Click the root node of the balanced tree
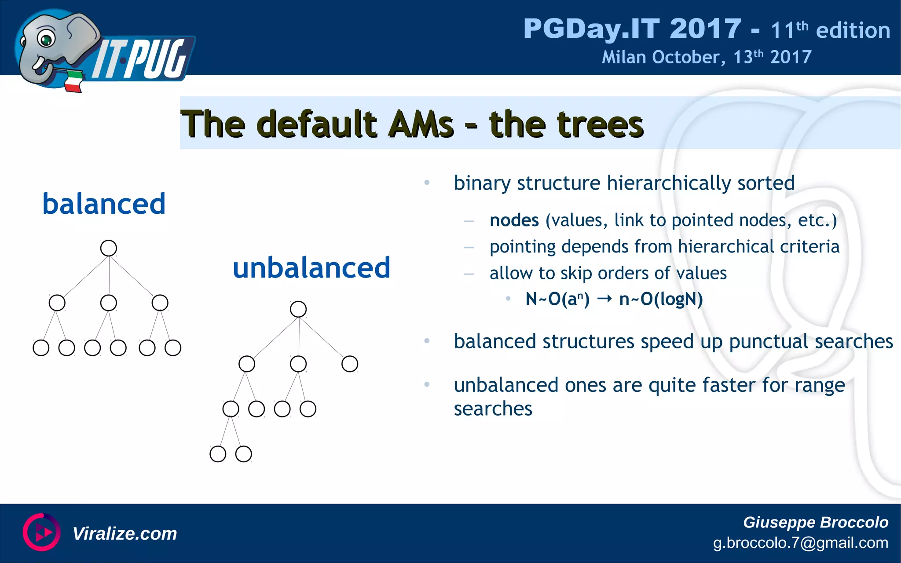point(108,248)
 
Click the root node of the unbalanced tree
point(298,309)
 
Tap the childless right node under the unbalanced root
point(350,364)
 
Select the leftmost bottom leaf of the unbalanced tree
point(218,454)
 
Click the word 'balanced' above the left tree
point(104,204)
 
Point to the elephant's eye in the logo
point(45,40)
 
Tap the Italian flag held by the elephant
point(74,82)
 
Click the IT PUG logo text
point(141,59)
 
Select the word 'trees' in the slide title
point(566,124)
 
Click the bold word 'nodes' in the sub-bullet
point(514,220)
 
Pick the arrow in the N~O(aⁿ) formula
point(604,299)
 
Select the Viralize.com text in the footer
point(125,534)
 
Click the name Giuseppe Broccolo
point(815,522)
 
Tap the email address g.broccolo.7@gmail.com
point(800,543)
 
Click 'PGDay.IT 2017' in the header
point(632,29)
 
